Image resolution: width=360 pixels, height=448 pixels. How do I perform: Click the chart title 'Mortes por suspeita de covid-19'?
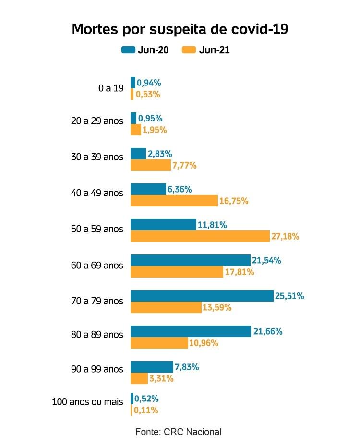click(x=180, y=29)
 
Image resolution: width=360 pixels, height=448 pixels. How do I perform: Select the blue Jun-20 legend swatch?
click(x=128, y=50)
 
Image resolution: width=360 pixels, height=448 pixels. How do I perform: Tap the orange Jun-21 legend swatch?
click(x=190, y=50)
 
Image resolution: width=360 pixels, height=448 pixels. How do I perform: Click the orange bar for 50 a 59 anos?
click(x=200, y=236)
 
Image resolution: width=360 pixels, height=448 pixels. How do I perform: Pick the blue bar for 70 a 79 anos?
click(x=202, y=296)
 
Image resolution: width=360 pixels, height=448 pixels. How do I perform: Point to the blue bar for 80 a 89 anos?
click(x=191, y=331)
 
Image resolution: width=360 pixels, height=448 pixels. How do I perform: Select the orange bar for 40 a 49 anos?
click(x=174, y=201)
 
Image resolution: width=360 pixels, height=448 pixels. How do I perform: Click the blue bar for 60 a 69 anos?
click(x=191, y=260)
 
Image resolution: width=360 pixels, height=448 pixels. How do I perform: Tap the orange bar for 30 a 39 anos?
click(x=151, y=165)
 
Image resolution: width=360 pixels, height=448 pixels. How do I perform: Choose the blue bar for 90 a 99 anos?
click(x=152, y=367)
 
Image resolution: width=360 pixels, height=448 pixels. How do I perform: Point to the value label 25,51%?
click(x=289, y=296)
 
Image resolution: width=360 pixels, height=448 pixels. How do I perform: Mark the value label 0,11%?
click(x=146, y=410)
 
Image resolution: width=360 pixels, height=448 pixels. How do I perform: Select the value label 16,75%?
click(x=234, y=201)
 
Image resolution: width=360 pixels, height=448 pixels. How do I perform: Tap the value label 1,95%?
click(x=155, y=130)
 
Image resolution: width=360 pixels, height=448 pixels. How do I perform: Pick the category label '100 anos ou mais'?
click(x=87, y=401)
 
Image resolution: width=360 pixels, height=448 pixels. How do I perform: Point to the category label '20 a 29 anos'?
click(x=97, y=121)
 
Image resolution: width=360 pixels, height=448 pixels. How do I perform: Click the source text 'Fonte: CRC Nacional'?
click(x=179, y=432)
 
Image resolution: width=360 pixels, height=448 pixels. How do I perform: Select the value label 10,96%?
click(x=204, y=343)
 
